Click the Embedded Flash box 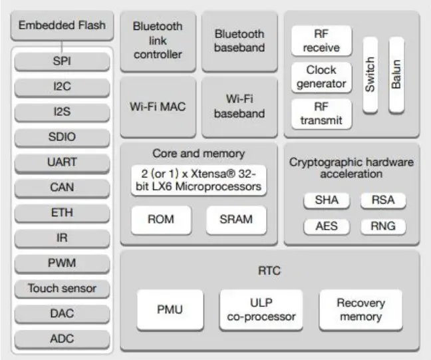63,26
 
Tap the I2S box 63,112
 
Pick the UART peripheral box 63,162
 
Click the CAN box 63,188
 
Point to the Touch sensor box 63,288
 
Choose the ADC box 63,339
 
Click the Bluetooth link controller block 158,41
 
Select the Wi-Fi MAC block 158,106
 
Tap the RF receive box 321,41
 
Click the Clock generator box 321,77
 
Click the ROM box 161,220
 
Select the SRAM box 235,220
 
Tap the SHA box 326,200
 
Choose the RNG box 382,226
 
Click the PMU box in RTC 170,309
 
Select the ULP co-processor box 261,309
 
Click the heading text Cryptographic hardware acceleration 351,168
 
